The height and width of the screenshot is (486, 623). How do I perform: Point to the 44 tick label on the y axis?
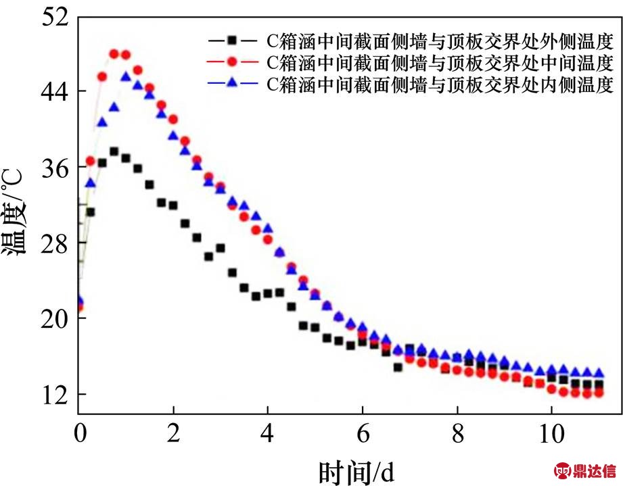[x=54, y=91]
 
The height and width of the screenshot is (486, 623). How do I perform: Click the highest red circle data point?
[x=114, y=53]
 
